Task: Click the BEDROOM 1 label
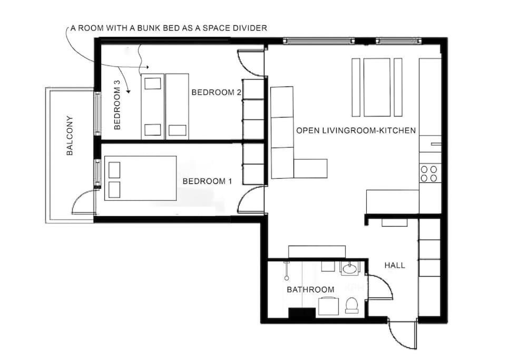(x=208, y=181)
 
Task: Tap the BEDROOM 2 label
(x=217, y=93)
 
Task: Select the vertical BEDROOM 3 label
(x=117, y=105)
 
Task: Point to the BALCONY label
(x=70, y=135)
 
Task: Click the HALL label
(x=395, y=266)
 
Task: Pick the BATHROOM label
(x=311, y=289)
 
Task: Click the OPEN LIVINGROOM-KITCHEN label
(x=356, y=131)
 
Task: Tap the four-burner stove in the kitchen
(x=429, y=173)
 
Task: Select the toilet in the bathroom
(x=351, y=305)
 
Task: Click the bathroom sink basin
(x=350, y=269)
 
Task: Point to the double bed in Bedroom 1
(x=140, y=178)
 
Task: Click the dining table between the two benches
(x=377, y=87)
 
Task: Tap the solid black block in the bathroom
(x=302, y=314)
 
